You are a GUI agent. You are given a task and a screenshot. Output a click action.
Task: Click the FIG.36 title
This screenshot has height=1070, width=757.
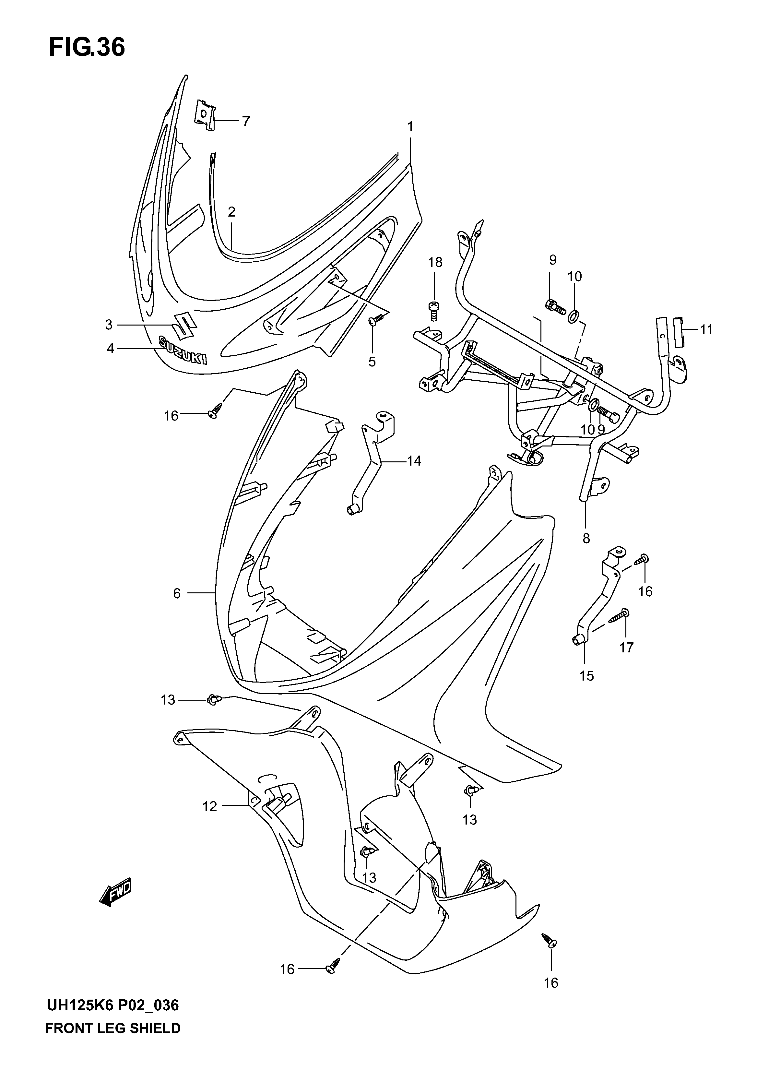pyautogui.click(x=87, y=48)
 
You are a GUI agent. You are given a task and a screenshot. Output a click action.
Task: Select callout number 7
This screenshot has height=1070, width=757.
pyautogui.click(x=246, y=121)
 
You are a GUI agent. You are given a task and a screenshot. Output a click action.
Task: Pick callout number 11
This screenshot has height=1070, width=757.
pyautogui.click(x=707, y=330)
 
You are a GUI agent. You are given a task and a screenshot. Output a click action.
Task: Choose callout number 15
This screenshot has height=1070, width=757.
pyautogui.click(x=586, y=676)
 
